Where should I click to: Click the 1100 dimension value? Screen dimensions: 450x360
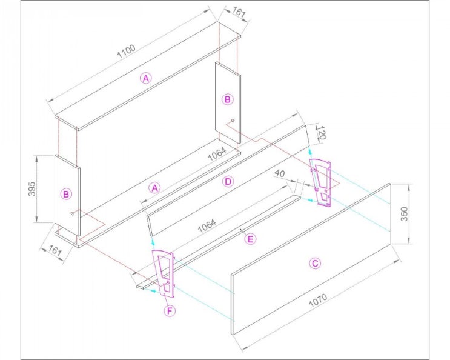tap(126, 51)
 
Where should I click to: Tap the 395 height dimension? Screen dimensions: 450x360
tap(32, 189)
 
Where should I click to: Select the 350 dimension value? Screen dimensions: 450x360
tap(404, 214)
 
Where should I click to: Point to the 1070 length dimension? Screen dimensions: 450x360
tap(318, 300)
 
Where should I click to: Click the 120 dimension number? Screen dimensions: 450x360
tap(322, 133)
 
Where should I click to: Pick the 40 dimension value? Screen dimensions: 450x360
tap(280, 173)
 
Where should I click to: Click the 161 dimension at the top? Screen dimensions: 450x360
tap(239, 12)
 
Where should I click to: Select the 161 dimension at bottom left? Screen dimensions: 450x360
tap(55, 250)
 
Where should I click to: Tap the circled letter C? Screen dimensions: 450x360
tap(315, 263)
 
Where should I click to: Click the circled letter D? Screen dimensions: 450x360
tap(228, 181)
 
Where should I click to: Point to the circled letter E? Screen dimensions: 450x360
tap(250, 239)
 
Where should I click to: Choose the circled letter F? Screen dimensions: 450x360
tap(170, 311)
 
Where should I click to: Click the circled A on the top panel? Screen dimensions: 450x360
tap(146, 78)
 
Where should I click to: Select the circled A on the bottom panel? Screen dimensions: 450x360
tap(154, 188)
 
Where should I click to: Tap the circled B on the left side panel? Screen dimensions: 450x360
tap(66, 194)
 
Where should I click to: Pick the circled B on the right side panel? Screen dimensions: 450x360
tap(227, 99)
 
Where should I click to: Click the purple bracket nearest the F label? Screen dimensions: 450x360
tap(164, 274)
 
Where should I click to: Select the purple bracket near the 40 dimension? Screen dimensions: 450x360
tap(320, 182)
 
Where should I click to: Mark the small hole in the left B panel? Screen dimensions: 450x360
tap(72, 213)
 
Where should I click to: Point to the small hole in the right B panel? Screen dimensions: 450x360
tap(233, 121)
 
